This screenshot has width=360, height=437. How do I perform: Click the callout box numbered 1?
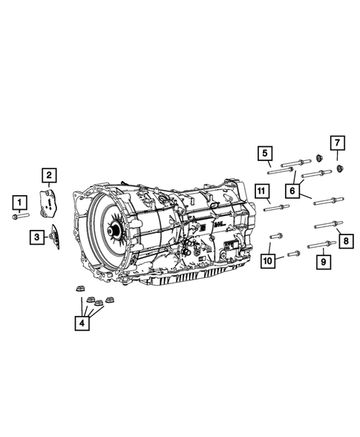[x=19, y=203]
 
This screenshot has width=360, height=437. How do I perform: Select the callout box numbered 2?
[x=49, y=175]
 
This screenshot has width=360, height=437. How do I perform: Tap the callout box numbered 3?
[x=37, y=237]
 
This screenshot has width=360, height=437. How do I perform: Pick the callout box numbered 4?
[x=82, y=323]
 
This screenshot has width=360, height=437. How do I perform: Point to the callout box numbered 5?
[x=265, y=153]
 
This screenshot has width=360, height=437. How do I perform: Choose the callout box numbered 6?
[x=292, y=191]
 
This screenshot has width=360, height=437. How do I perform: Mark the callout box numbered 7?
[x=338, y=143]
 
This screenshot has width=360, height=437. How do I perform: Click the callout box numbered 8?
[x=346, y=241]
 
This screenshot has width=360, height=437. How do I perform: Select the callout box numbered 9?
[x=324, y=262]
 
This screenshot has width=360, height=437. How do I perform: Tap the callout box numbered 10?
[x=267, y=261]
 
